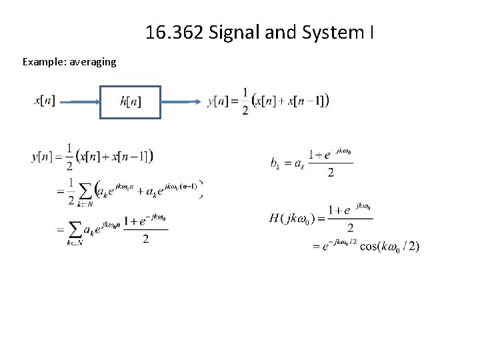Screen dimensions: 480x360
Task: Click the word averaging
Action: pyautogui.click(x=89, y=62)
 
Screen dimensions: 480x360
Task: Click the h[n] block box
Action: pyautogui.click(x=130, y=102)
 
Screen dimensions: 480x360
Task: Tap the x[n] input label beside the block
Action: pyautogui.click(x=45, y=101)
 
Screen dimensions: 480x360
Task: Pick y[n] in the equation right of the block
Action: pyautogui.click(x=219, y=101)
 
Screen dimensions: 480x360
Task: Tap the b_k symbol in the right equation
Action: pyautogui.click(x=276, y=162)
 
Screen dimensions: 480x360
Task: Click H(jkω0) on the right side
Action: pyautogui.click(x=292, y=218)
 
